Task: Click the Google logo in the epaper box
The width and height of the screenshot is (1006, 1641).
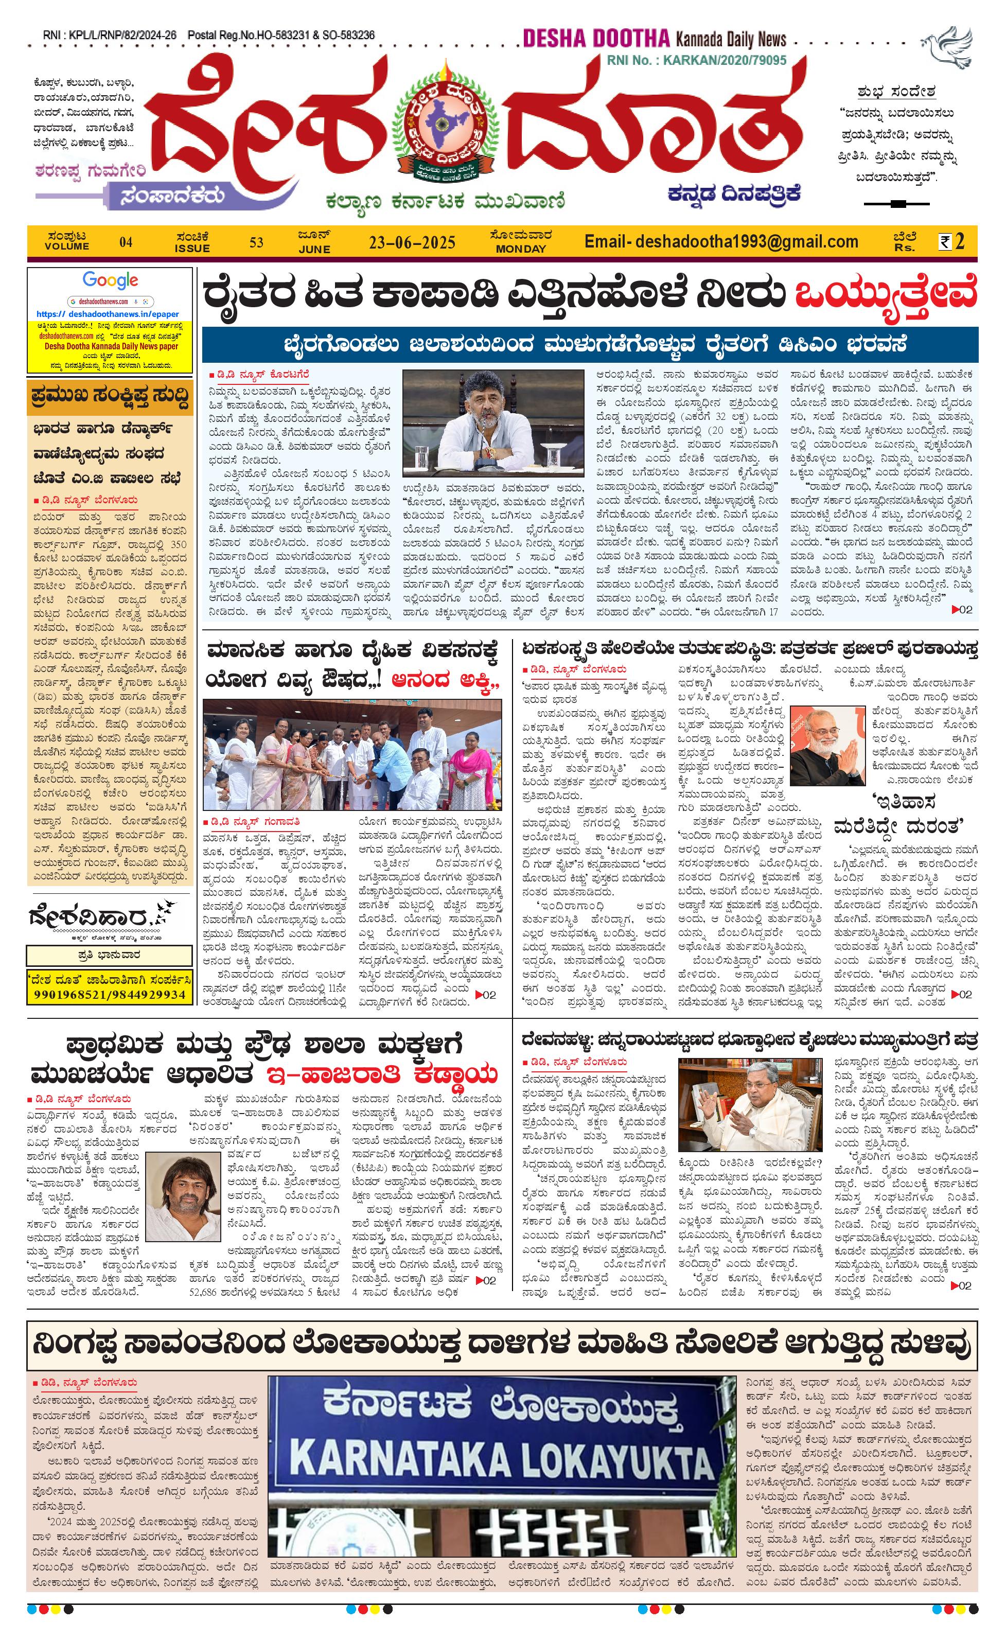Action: [111, 280]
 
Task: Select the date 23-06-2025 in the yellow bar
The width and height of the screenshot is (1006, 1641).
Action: [412, 242]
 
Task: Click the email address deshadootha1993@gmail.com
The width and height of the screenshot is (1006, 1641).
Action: [721, 241]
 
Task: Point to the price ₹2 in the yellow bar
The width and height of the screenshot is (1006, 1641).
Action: [952, 241]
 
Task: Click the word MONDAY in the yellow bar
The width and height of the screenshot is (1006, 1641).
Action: [521, 249]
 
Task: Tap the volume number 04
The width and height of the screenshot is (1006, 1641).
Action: [126, 242]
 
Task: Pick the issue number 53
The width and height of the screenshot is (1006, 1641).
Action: [256, 242]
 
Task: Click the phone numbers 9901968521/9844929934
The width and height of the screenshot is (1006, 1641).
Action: [110, 994]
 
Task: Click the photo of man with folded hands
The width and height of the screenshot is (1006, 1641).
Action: [827, 747]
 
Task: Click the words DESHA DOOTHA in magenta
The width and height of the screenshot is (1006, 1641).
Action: [595, 39]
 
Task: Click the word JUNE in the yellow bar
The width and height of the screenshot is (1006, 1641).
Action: [314, 249]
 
